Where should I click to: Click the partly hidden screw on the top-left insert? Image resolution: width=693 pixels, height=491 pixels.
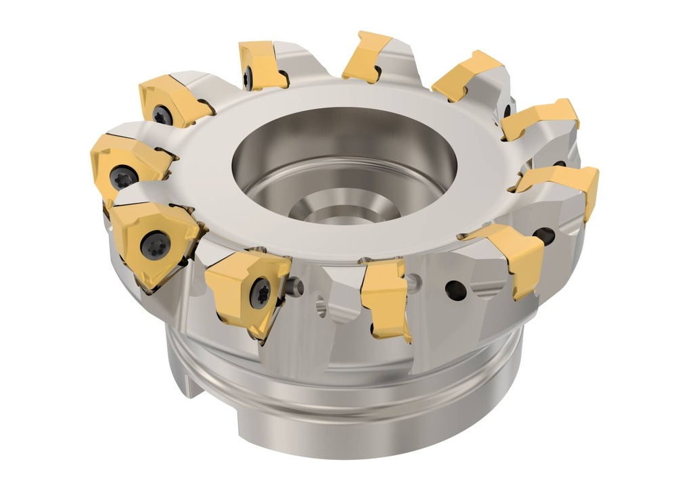(248, 77)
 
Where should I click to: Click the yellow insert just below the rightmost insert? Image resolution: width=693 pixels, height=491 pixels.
(511, 254)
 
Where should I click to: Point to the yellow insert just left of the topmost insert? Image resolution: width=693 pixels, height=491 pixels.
(261, 65)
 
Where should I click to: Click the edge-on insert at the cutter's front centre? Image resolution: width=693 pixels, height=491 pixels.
(386, 298)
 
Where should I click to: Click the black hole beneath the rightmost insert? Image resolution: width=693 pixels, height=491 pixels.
(543, 236)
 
